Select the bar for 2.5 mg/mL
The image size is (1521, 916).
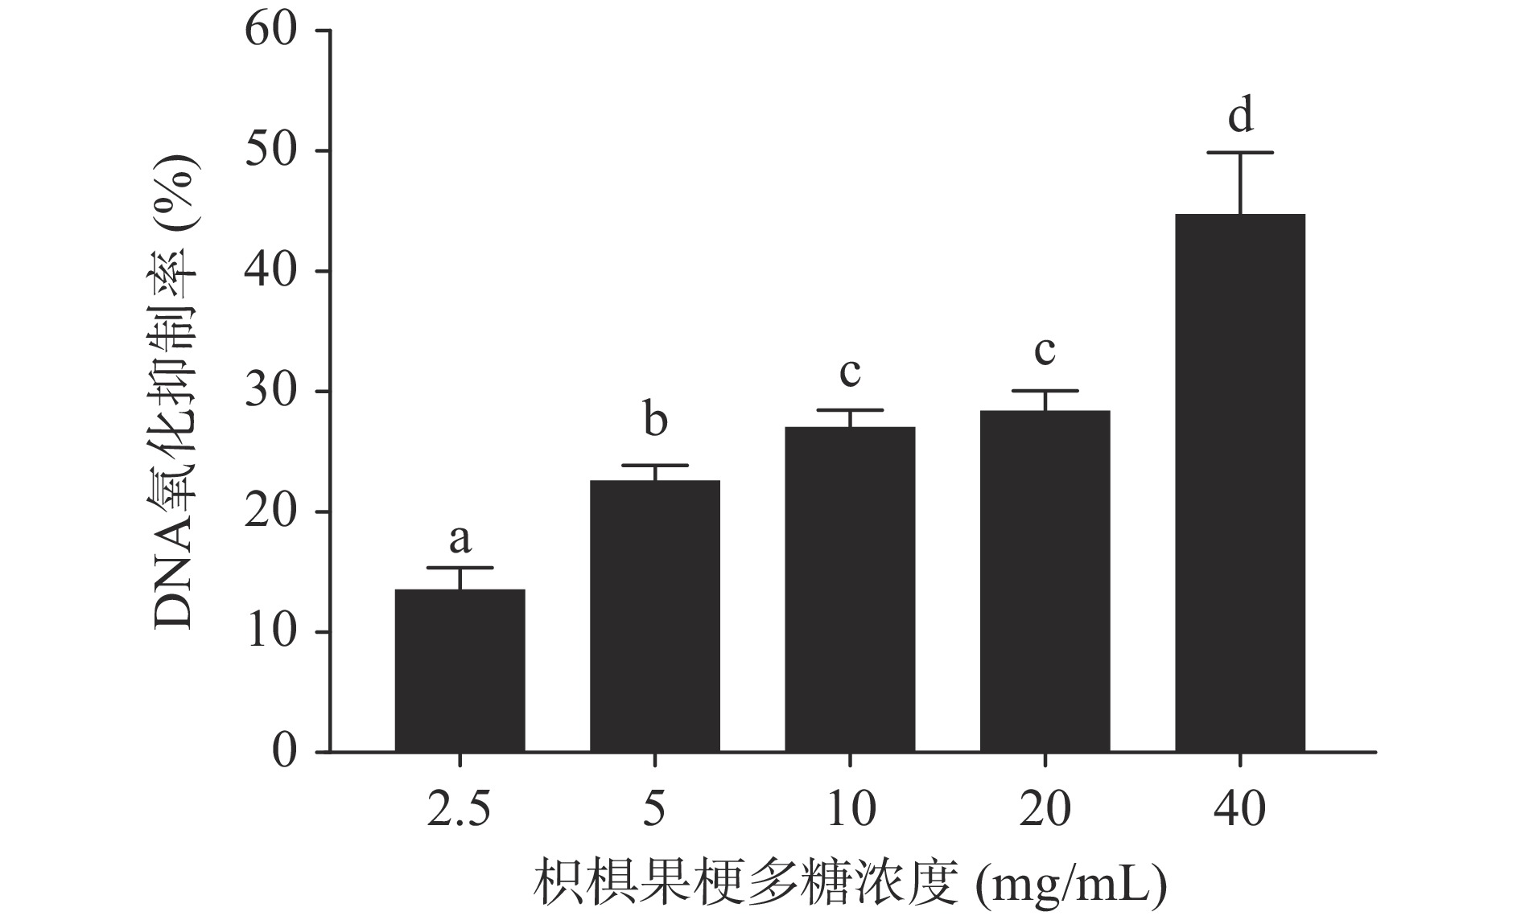click(460, 671)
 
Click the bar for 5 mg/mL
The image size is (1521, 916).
click(655, 616)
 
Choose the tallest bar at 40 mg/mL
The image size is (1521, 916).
click(1240, 483)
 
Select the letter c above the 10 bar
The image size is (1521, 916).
click(850, 372)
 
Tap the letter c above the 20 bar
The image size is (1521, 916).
click(1045, 351)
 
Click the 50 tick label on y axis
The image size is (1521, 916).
click(270, 150)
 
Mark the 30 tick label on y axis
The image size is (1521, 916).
click(270, 392)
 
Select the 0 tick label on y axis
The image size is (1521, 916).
click(284, 752)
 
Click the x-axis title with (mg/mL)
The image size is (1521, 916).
click(849, 884)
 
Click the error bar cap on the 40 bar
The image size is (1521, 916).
click(1240, 152)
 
